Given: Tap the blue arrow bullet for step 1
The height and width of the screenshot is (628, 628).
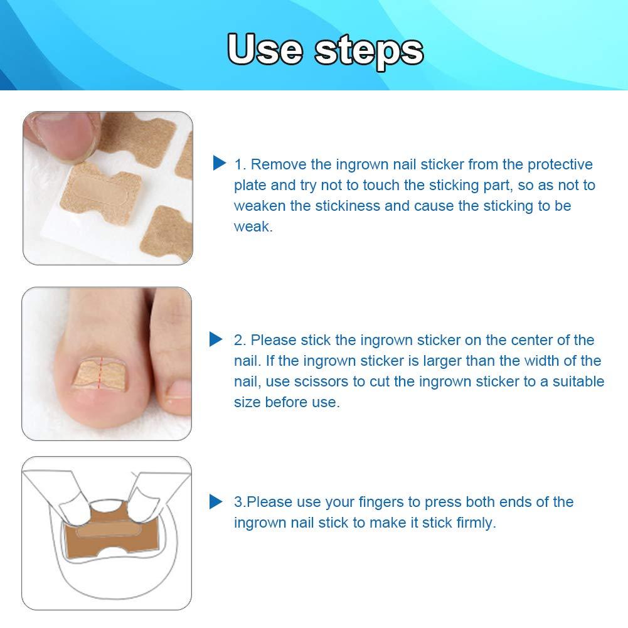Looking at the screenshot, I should coord(219,164).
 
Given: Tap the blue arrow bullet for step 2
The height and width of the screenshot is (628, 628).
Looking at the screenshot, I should coord(216,339).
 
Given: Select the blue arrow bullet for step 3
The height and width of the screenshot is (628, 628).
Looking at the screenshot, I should coord(216,501).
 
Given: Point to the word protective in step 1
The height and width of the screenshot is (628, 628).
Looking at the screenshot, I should coord(560,164).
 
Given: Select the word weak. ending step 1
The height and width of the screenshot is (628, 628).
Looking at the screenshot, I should coord(253,226).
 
